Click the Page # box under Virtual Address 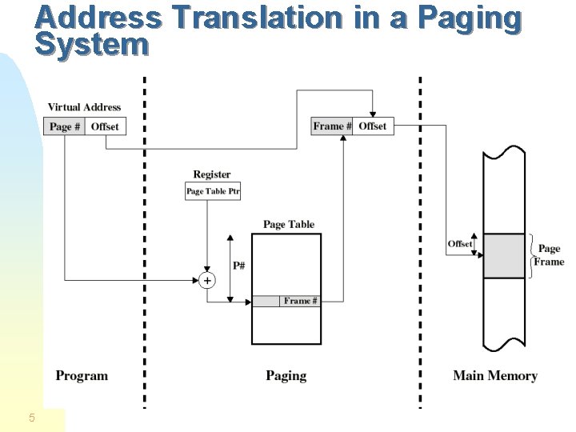pos(64,126)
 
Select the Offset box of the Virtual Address pos(105,126)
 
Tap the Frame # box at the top pos(331,126)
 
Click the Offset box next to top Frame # pos(373,126)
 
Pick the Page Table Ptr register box pos(213,191)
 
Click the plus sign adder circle pos(207,280)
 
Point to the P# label pos(239,265)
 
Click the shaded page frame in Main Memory pos(504,256)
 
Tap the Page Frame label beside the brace pos(550,255)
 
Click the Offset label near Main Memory pos(460,244)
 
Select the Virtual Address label pos(84,107)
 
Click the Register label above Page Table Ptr pos(212,174)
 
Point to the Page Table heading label pos(289,225)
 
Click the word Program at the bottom pos(82,375)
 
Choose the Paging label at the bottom pos(286,375)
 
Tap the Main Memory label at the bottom pos(495,375)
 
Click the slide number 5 pos(31,417)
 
